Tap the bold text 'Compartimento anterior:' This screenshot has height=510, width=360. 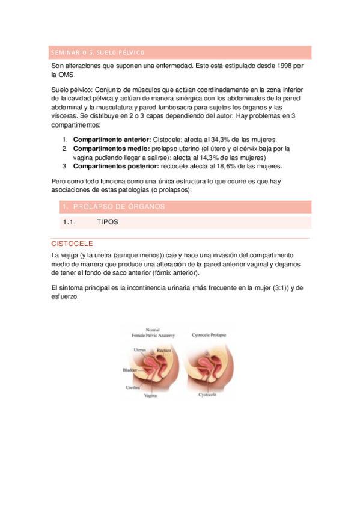[x=112, y=140]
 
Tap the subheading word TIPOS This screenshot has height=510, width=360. [x=107, y=222]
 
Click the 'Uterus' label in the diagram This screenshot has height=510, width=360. [x=140, y=349]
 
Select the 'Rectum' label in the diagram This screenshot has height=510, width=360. [x=164, y=349]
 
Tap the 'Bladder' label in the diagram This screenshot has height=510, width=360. [x=130, y=370]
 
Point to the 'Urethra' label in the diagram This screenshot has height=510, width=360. [x=133, y=388]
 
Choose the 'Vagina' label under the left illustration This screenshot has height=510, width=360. [x=151, y=396]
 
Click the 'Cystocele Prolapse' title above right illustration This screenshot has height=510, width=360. [x=213, y=334]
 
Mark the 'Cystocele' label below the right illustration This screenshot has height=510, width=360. [x=209, y=395]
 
